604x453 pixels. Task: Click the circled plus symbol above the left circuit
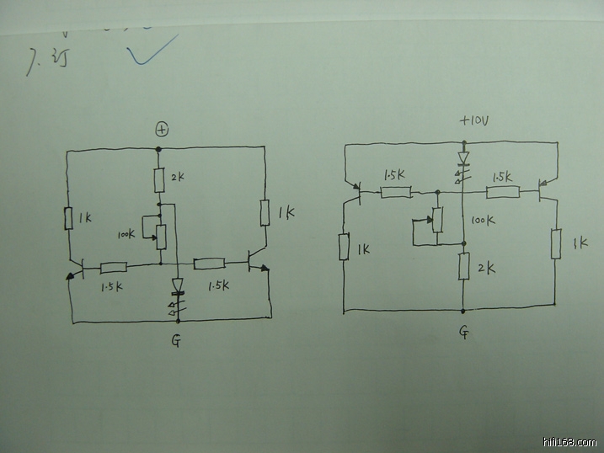[162, 129]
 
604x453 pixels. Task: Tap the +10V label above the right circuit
[474, 121]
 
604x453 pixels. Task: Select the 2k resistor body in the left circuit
[158, 179]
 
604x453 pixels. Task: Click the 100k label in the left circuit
[126, 234]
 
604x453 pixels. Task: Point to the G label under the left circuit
[176, 341]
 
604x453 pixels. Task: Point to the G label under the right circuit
[465, 333]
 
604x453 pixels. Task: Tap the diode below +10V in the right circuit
[463, 158]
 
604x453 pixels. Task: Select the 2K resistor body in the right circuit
[463, 267]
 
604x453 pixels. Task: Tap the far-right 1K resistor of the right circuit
[555, 244]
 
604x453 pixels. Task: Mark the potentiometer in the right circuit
[436, 221]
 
